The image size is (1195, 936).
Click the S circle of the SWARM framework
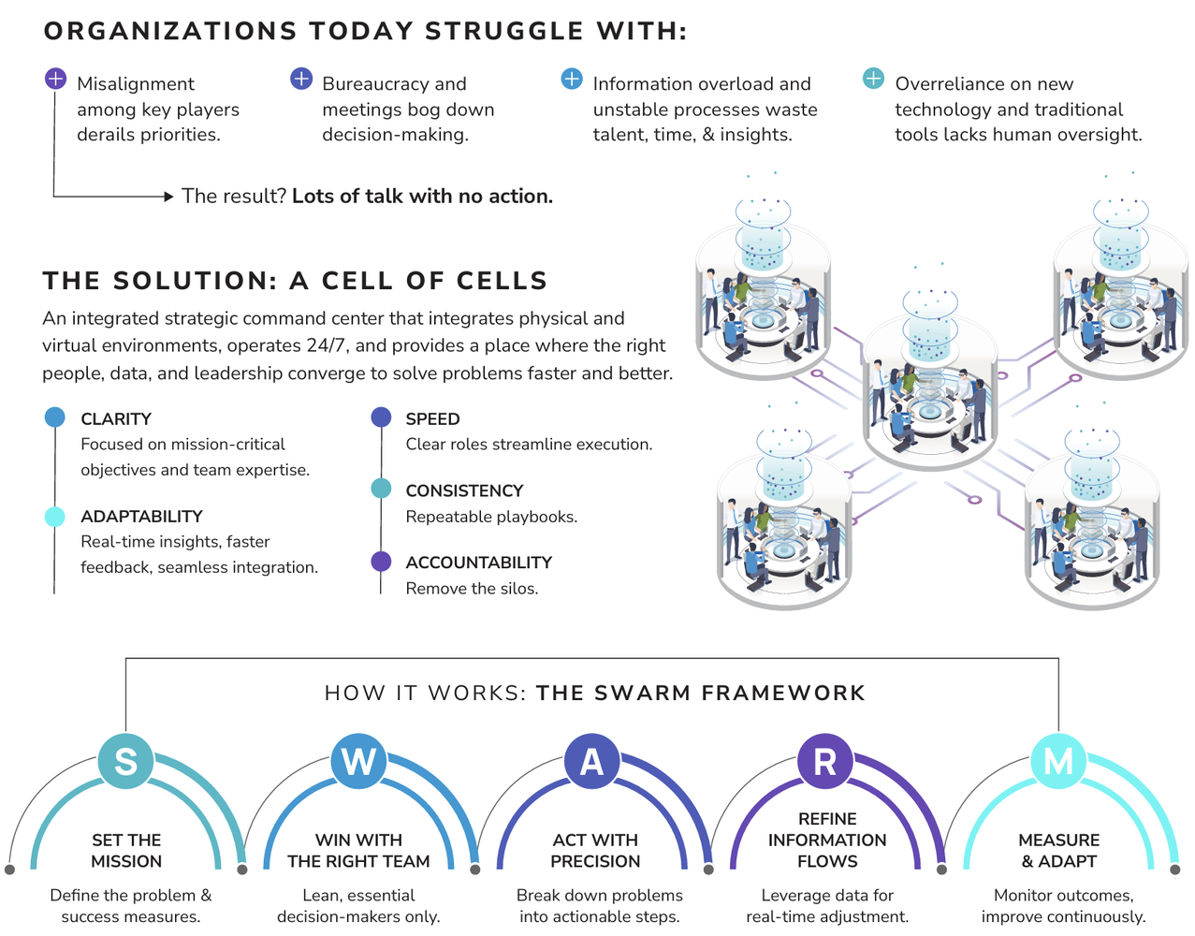tap(125, 761)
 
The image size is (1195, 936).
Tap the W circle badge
tap(358, 761)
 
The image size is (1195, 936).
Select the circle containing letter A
tap(592, 761)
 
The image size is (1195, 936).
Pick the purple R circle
tap(824, 761)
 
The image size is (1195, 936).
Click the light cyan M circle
tap(1058, 761)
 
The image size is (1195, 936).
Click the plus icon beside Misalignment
tap(55, 79)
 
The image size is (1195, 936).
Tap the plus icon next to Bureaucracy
tap(300, 79)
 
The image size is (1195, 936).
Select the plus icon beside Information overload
tap(571, 79)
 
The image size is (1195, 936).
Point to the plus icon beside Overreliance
tap(873, 79)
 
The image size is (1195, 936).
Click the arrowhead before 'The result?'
tap(168, 197)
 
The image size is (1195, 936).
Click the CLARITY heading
tap(116, 418)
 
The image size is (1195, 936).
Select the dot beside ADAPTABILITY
tap(54, 517)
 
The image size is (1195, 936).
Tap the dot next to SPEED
tap(381, 417)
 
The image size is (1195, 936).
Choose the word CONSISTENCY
tap(464, 490)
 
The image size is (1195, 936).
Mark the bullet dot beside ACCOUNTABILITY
tap(381, 562)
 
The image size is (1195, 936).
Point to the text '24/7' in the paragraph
tap(326, 345)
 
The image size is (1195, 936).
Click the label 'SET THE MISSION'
tap(126, 850)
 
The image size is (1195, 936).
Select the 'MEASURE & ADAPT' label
tap(1058, 850)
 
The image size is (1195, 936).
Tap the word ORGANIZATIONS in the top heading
tap(170, 31)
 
